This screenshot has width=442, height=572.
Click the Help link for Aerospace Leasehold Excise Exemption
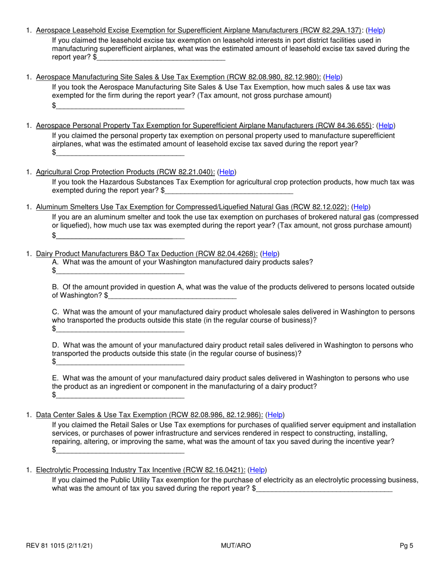click(375, 31)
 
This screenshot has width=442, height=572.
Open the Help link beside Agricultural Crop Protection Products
click(227, 172)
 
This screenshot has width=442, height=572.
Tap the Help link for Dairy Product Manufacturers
click(270, 254)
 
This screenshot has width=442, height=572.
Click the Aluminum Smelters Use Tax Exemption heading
click(192, 207)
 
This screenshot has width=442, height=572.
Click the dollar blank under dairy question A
click(120, 271)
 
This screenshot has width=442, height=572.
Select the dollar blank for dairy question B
click(172, 295)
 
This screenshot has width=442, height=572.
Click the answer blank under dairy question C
click(120, 329)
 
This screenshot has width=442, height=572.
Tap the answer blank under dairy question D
click(120, 362)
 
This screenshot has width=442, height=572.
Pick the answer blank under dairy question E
click(120, 395)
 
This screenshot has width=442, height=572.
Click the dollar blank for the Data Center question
click(120, 450)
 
